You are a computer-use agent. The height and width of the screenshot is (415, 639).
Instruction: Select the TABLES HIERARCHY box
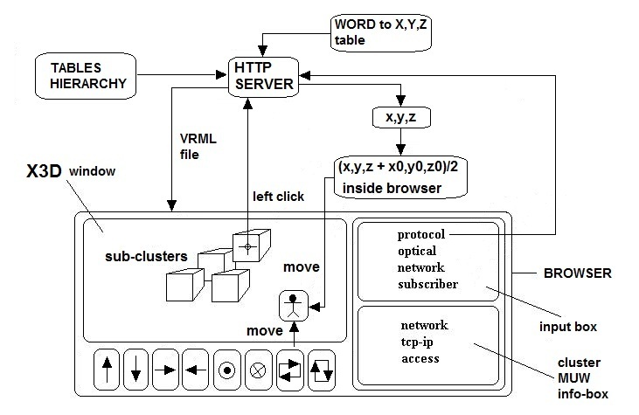click(83, 77)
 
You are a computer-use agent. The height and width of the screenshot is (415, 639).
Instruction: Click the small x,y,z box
click(399, 117)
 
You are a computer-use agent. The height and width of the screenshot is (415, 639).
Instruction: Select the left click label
click(278, 197)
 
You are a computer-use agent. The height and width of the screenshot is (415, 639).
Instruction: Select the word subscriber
click(427, 284)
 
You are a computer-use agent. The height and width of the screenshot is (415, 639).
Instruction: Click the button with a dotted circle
click(227, 370)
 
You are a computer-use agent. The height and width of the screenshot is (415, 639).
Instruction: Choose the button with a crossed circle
click(258, 370)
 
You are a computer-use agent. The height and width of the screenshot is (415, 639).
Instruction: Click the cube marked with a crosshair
click(247, 248)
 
